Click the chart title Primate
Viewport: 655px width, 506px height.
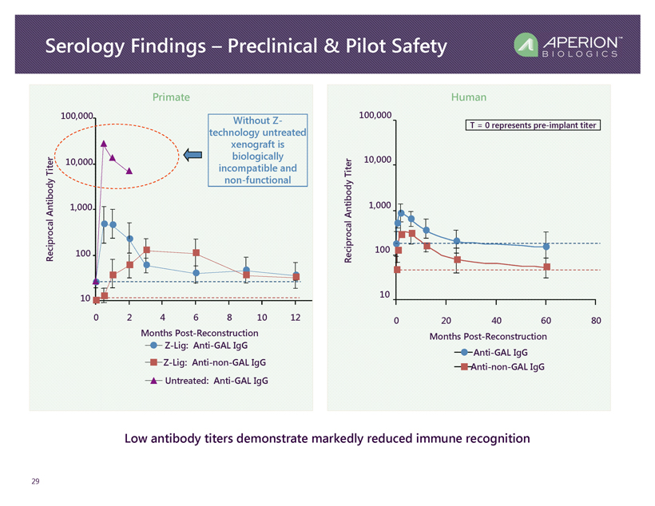tap(171, 97)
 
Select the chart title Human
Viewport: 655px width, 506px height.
tap(468, 97)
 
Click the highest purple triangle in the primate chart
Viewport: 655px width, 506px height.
tap(104, 144)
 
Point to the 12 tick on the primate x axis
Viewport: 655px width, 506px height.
tap(296, 318)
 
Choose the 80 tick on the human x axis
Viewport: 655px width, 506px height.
tap(595, 320)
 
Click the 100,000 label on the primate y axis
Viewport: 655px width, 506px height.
tap(77, 117)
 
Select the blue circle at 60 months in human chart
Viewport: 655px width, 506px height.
tap(546, 247)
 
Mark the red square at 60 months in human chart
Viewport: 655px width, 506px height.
tap(546, 267)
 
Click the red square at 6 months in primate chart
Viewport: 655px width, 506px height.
tap(196, 253)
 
